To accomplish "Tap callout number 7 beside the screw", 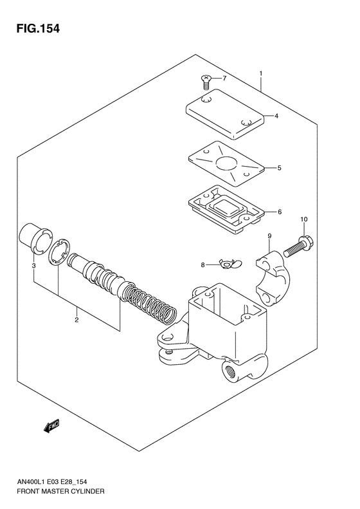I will [224, 79].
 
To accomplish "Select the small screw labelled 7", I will [205, 80].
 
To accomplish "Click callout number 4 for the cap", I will [275, 116].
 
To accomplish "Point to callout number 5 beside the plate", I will [279, 169].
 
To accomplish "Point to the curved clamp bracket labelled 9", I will [276, 274].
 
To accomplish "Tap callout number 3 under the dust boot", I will [33, 264].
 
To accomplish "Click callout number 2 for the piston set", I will [76, 319].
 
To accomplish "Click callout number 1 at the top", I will [261, 73].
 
